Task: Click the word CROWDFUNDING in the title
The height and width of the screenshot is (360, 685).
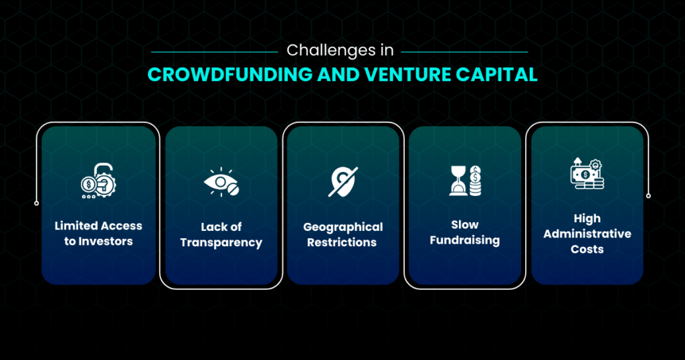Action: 230,75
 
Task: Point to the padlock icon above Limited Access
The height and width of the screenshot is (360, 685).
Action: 98,181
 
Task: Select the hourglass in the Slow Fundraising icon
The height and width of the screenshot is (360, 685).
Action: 458,181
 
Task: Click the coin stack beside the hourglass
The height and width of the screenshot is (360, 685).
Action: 476,181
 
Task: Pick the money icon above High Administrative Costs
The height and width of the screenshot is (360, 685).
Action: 587,173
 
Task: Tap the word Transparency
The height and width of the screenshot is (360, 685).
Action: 221,243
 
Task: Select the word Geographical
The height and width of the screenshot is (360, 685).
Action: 343,228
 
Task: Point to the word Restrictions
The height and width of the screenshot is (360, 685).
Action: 342,242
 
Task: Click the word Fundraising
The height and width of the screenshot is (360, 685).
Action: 465,240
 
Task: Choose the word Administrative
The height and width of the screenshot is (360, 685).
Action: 587,234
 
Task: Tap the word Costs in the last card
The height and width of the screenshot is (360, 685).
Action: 587,249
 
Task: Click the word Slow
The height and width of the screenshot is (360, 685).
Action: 465,225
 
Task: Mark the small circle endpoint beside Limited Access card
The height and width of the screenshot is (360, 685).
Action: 37,203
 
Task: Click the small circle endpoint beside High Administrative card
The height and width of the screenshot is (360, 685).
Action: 648,196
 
